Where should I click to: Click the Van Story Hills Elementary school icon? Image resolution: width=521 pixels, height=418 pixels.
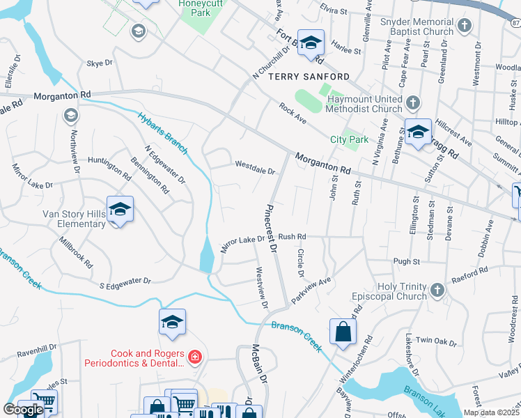[x=120, y=209]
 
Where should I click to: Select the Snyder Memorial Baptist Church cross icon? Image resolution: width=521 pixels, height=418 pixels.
[x=465, y=26]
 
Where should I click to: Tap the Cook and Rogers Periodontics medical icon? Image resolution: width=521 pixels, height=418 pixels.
[x=196, y=358]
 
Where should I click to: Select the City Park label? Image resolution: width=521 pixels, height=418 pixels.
[x=348, y=139]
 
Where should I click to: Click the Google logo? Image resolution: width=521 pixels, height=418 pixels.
[x=23, y=410]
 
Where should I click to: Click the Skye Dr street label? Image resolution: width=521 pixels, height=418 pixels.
[x=99, y=63]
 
